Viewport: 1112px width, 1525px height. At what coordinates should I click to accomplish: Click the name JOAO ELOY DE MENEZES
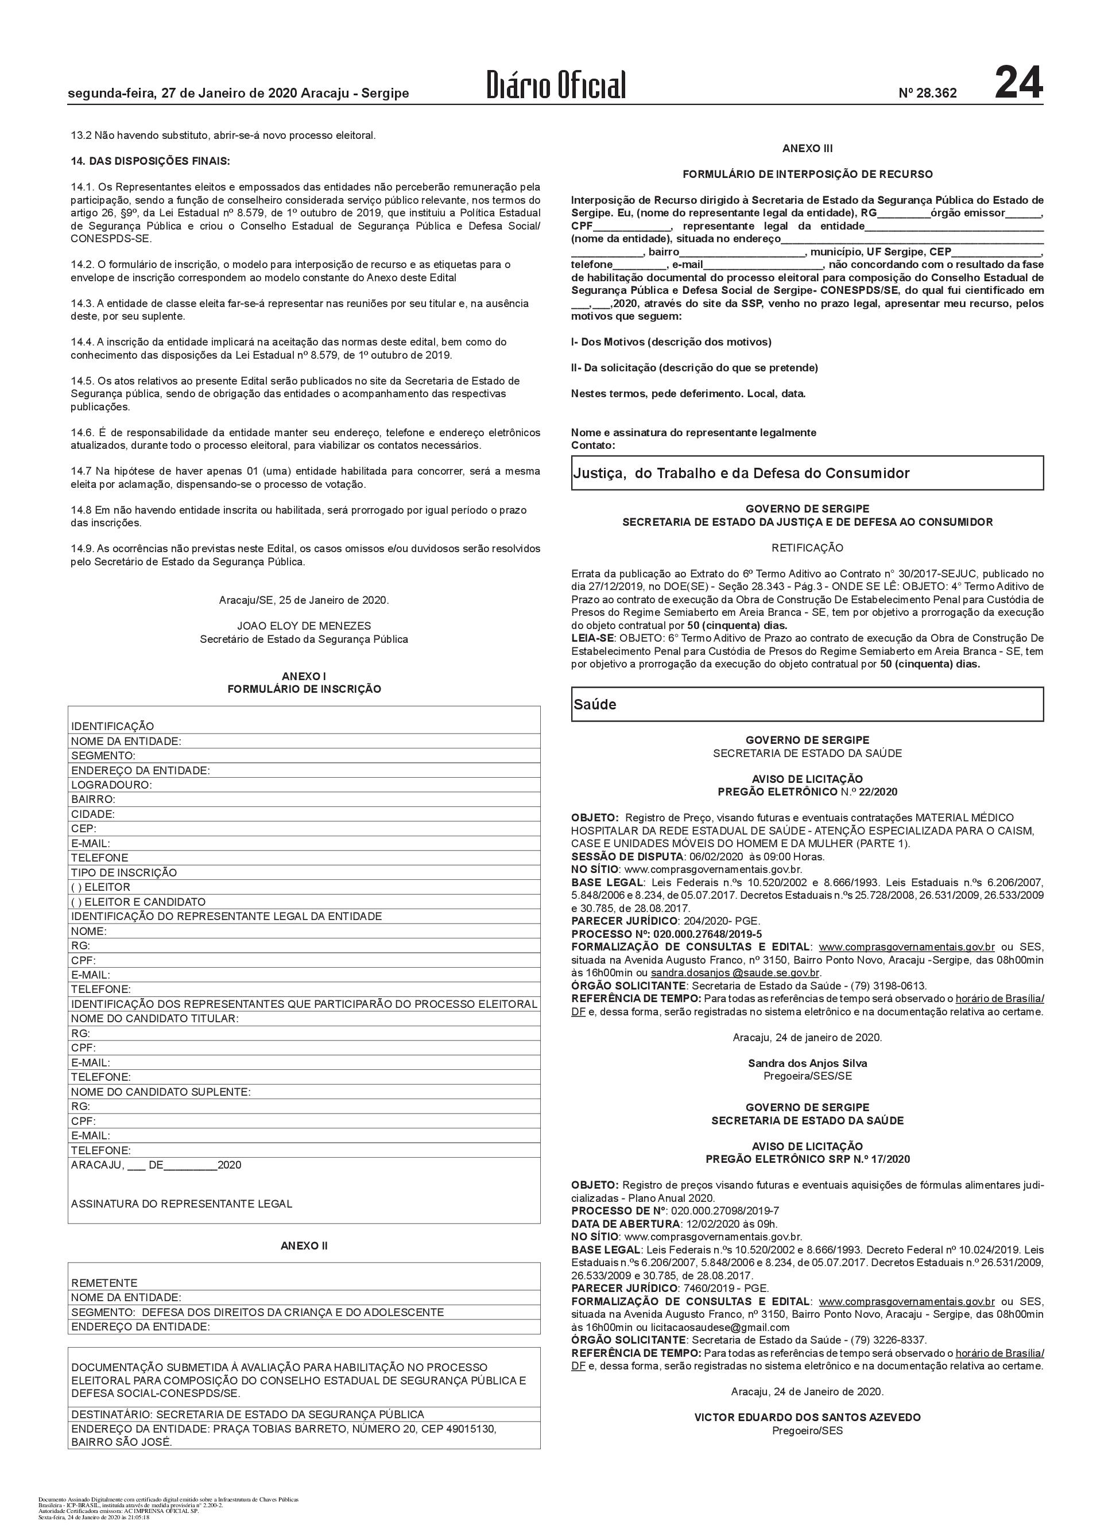pos(304,626)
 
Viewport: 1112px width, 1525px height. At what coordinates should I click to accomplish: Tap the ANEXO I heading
pos(304,676)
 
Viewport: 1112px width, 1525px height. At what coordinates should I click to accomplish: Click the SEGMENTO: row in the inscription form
pos(104,756)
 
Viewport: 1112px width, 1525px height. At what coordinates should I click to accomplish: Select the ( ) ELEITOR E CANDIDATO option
pos(139,902)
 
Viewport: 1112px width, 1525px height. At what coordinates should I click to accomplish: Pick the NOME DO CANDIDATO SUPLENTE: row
pos(161,1092)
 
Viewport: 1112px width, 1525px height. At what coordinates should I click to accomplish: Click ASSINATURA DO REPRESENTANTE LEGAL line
pos(182,1204)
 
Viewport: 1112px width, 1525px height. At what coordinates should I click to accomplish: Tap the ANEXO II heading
pos(304,1245)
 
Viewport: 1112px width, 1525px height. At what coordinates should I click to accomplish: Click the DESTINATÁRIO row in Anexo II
pos(247,1414)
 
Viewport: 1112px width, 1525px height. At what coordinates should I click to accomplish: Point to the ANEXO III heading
pos(807,148)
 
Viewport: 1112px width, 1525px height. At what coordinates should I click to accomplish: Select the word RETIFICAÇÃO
pos(807,548)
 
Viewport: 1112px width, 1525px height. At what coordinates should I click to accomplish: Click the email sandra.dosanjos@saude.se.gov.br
pos(735,972)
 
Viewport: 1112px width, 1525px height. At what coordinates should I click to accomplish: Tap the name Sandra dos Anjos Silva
pos(807,1064)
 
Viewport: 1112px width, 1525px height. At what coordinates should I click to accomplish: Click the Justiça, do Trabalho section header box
pos(807,473)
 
